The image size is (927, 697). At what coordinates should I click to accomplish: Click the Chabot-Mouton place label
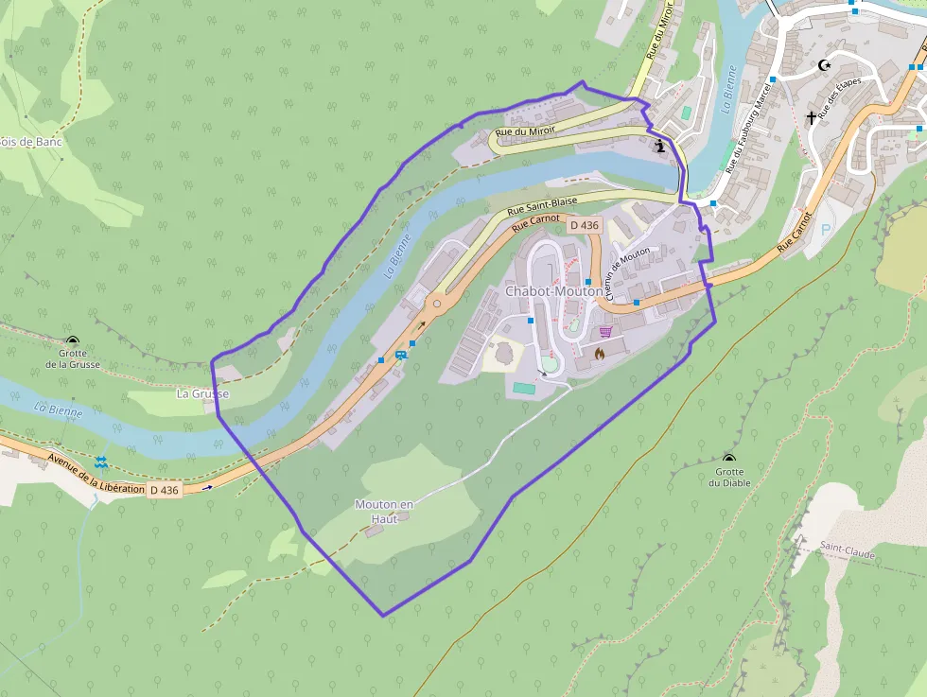553,291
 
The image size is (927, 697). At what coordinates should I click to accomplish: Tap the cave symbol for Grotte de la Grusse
72,340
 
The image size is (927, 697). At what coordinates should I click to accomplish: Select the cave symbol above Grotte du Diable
729,458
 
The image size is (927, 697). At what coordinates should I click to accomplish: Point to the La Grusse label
202,392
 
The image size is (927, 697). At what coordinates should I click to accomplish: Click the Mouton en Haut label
384,511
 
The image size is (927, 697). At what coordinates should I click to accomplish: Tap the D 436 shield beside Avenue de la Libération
164,490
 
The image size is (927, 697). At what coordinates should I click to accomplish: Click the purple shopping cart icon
604,332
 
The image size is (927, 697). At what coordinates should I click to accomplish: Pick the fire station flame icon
599,353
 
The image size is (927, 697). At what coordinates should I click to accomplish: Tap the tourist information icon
661,146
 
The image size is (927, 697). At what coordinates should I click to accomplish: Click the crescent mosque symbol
824,65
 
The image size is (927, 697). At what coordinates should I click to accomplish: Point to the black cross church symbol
811,118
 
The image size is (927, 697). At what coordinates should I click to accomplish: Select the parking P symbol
826,230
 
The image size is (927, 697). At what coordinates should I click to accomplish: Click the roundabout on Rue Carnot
437,305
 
